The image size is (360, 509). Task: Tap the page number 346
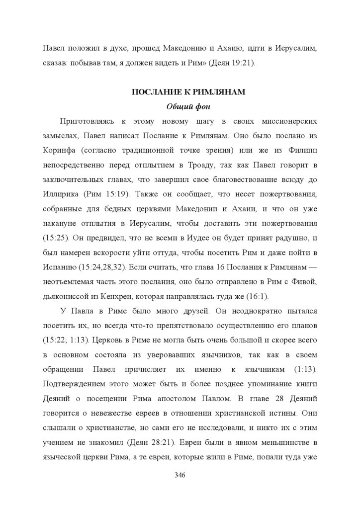[180, 475]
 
